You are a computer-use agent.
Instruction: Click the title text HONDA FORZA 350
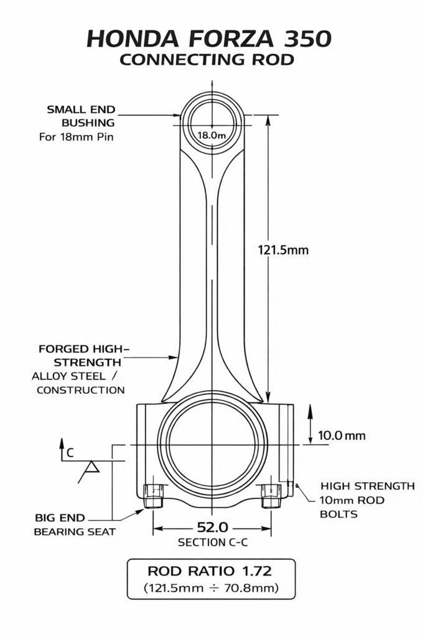(209, 39)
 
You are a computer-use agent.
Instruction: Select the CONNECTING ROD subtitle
(207, 60)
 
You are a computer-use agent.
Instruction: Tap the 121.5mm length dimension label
(283, 249)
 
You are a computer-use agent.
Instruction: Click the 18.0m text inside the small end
(212, 135)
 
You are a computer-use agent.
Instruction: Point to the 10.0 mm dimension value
(342, 435)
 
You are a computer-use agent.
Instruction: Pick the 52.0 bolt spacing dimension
(213, 528)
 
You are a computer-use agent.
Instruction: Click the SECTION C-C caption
(213, 542)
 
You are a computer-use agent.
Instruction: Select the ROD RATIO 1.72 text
(209, 571)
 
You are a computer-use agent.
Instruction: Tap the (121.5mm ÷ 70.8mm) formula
(212, 588)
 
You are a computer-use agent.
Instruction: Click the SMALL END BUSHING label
(82, 116)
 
